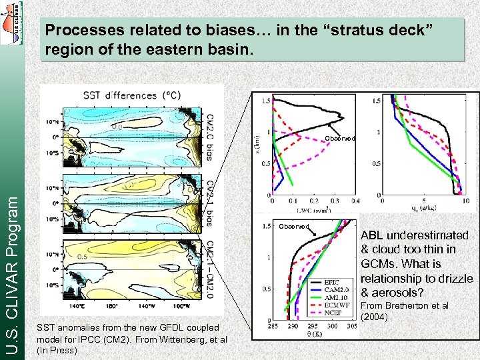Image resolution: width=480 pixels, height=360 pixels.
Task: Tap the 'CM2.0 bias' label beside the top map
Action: (209, 137)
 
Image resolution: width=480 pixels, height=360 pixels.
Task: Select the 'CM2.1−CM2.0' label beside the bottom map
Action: (209, 269)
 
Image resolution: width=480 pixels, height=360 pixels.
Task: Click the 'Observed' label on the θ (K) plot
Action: (293, 227)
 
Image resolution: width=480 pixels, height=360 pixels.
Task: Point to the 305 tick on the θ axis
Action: (351, 326)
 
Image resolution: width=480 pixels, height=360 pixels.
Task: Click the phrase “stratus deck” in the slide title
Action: (381, 30)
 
